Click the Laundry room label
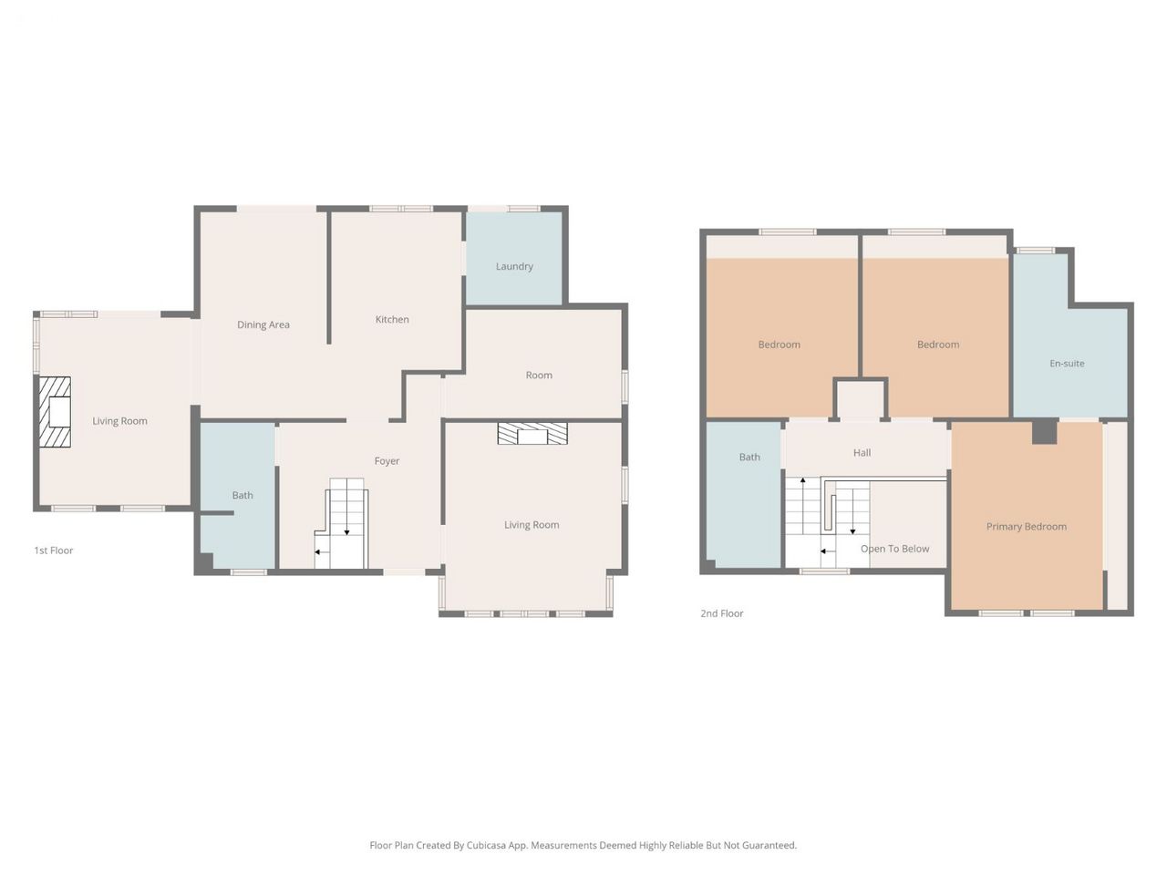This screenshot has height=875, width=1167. point(513,266)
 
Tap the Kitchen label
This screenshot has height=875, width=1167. point(392,319)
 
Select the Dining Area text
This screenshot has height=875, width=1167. point(263,324)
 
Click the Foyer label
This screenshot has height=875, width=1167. point(387,461)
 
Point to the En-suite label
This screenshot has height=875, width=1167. point(1067,364)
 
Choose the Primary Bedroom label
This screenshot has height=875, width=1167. point(1026,527)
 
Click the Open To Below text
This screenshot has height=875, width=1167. point(894,549)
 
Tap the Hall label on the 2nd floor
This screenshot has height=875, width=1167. point(862,453)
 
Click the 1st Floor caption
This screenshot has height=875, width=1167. point(53,551)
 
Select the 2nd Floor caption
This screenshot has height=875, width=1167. point(721,613)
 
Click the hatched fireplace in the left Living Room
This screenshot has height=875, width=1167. point(55,412)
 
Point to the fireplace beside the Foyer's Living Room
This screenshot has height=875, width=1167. point(532,434)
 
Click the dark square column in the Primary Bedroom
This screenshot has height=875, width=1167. point(1044,431)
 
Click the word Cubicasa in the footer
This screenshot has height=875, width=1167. point(486,845)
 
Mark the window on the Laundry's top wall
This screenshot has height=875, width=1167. point(523,209)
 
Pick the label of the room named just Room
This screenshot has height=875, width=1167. point(539,376)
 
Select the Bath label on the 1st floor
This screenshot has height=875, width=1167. point(243,495)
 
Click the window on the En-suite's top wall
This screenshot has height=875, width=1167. point(1037,251)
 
